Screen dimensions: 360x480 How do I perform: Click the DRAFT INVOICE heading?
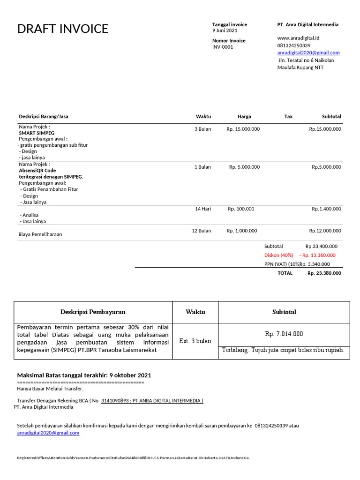coord(62,29)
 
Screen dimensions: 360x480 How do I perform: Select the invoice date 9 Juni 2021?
coord(225,30)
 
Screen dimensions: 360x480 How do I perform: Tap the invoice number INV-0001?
coord(222,47)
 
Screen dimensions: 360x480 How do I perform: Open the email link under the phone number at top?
coord(308,52)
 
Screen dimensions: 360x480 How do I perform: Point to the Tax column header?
coord(288,116)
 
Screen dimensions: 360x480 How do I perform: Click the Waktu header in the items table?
coord(203,116)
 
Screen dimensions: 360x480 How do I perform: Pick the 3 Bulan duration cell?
coord(202,129)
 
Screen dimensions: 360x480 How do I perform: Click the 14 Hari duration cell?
coord(203,209)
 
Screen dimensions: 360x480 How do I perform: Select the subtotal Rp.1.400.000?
coord(326,209)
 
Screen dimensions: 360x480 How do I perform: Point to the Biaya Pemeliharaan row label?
coord(40,234)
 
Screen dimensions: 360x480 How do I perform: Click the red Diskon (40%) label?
coord(278,255)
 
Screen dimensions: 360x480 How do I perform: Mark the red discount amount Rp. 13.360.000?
coord(317,255)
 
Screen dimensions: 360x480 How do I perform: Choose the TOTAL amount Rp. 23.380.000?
coord(324,273)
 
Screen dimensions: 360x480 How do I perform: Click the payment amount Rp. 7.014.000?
coord(284,334)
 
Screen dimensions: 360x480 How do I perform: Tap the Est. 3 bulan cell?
coord(195,341)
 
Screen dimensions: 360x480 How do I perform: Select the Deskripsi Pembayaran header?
coord(93,312)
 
